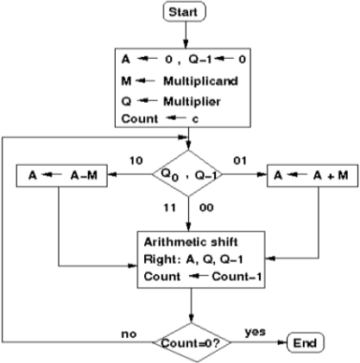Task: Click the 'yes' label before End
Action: click(x=254, y=331)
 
